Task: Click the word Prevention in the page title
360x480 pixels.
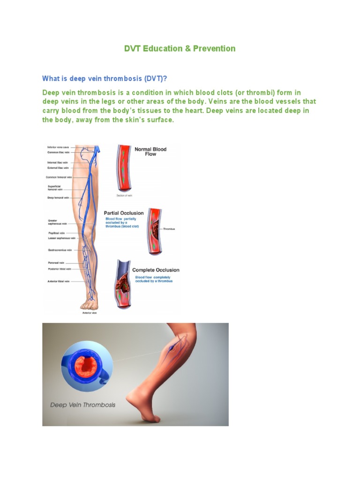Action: [x=214, y=48]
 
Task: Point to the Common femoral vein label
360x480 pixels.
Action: [x=59, y=177]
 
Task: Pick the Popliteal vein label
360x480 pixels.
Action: [x=56, y=232]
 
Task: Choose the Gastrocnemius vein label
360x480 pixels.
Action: [x=60, y=250]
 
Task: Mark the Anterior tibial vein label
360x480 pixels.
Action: [x=58, y=281]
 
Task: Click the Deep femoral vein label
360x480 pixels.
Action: [x=58, y=198]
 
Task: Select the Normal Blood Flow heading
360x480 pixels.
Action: [x=150, y=151]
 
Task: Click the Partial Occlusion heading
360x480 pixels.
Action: [x=124, y=213]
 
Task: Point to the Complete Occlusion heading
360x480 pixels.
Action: [x=156, y=270]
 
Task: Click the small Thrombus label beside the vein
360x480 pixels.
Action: [x=169, y=229]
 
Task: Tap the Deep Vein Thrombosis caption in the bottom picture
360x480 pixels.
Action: [x=82, y=405]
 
